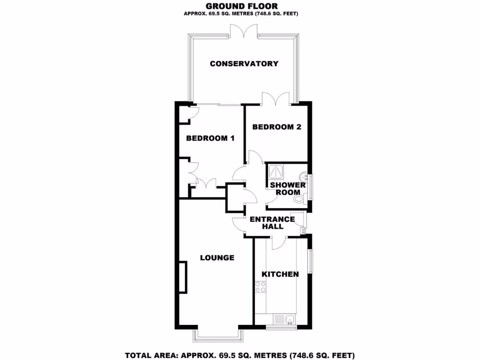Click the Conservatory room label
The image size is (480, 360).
pos(244,64)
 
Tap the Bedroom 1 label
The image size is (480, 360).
pos(210,138)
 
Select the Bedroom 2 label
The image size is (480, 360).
pos(277,127)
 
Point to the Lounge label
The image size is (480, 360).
pos(217,258)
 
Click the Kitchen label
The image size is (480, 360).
pos(280,274)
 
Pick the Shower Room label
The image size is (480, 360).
pos(288,188)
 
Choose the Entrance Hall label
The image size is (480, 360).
pos(272,222)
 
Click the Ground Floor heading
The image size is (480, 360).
pos(241,6)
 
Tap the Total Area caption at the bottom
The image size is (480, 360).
pos(240,355)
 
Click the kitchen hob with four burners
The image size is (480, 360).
pos(261,287)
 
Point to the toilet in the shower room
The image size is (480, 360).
pos(300,200)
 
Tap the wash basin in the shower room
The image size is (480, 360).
pos(305,177)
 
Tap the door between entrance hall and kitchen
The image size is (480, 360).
pos(279,242)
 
